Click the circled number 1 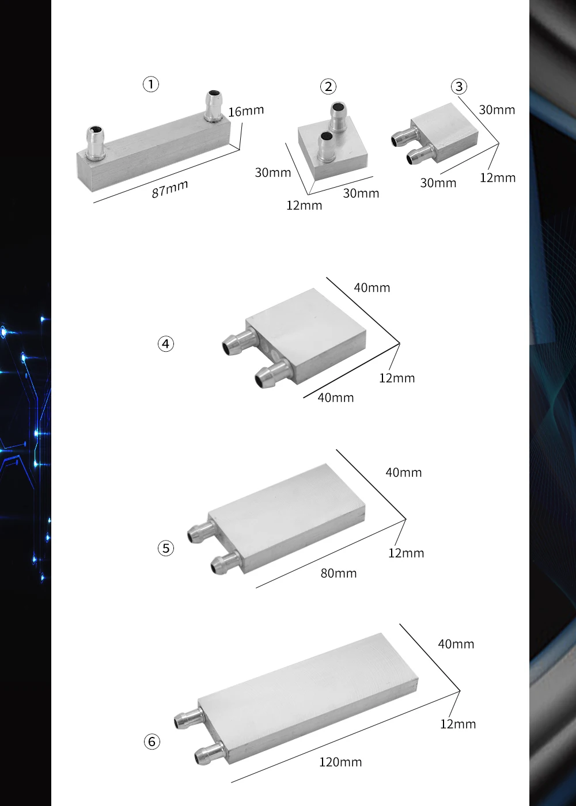(x=151, y=85)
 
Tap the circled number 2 (x=328, y=87)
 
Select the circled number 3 (x=459, y=86)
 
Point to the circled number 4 (x=166, y=344)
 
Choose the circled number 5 (x=166, y=548)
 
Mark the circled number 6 (x=151, y=742)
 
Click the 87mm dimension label (x=169, y=189)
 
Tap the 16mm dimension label (x=247, y=111)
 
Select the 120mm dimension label (x=340, y=762)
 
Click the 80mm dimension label (x=339, y=573)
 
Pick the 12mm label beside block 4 (x=397, y=378)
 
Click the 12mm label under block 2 (x=304, y=206)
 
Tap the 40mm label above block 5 (x=404, y=472)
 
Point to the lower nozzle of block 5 (x=226, y=564)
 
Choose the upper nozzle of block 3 (x=406, y=136)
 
